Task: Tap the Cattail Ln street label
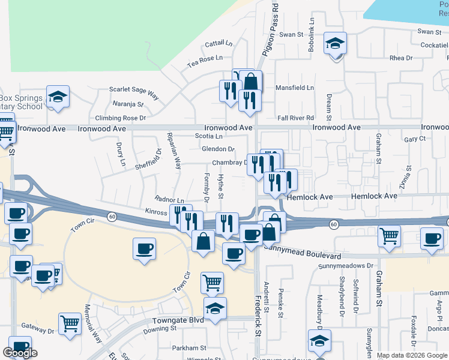pos(218,44)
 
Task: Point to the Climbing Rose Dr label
pos(121,118)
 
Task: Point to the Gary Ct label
pos(415,139)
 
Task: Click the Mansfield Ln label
pos(294,88)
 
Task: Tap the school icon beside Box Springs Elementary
pos(58,97)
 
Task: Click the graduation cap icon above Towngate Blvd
pos(215,308)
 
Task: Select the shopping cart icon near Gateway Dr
pos(70,324)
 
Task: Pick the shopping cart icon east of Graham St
pos(390,236)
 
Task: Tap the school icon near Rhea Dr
pos(335,44)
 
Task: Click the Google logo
pos(20,353)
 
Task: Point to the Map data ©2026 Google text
pos(411,355)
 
